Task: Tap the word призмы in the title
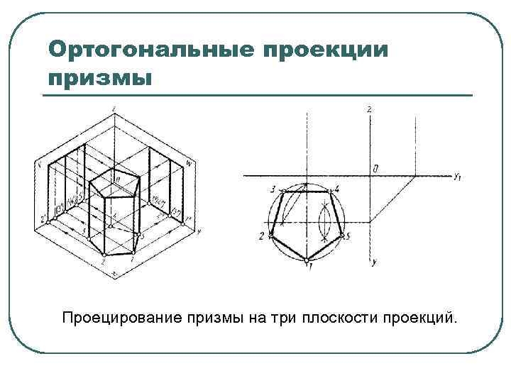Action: pyautogui.click(x=100, y=76)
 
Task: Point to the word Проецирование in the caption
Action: pyautogui.click(x=121, y=316)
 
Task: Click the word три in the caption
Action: pyautogui.click(x=282, y=316)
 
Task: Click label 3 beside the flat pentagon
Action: pyautogui.click(x=273, y=189)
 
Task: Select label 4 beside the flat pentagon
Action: pyautogui.click(x=338, y=189)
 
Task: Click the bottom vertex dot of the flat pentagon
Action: pyautogui.click(x=306, y=262)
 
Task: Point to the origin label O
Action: pyautogui.click(x=375, y=168)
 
